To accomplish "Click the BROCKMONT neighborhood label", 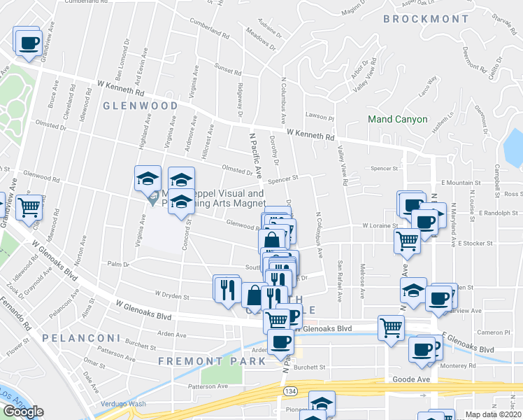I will (x=426, y=19).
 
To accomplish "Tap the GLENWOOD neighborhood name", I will (x=141, y=106).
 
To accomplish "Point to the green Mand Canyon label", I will (x=398, y=120).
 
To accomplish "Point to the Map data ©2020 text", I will (x=494, y=414).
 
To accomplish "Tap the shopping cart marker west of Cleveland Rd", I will (x=29, y=206).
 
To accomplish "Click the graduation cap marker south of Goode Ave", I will (x=322, y=403).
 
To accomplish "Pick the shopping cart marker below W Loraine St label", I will (x=408, y=240).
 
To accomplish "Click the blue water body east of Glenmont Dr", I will (x=513, y=143).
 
